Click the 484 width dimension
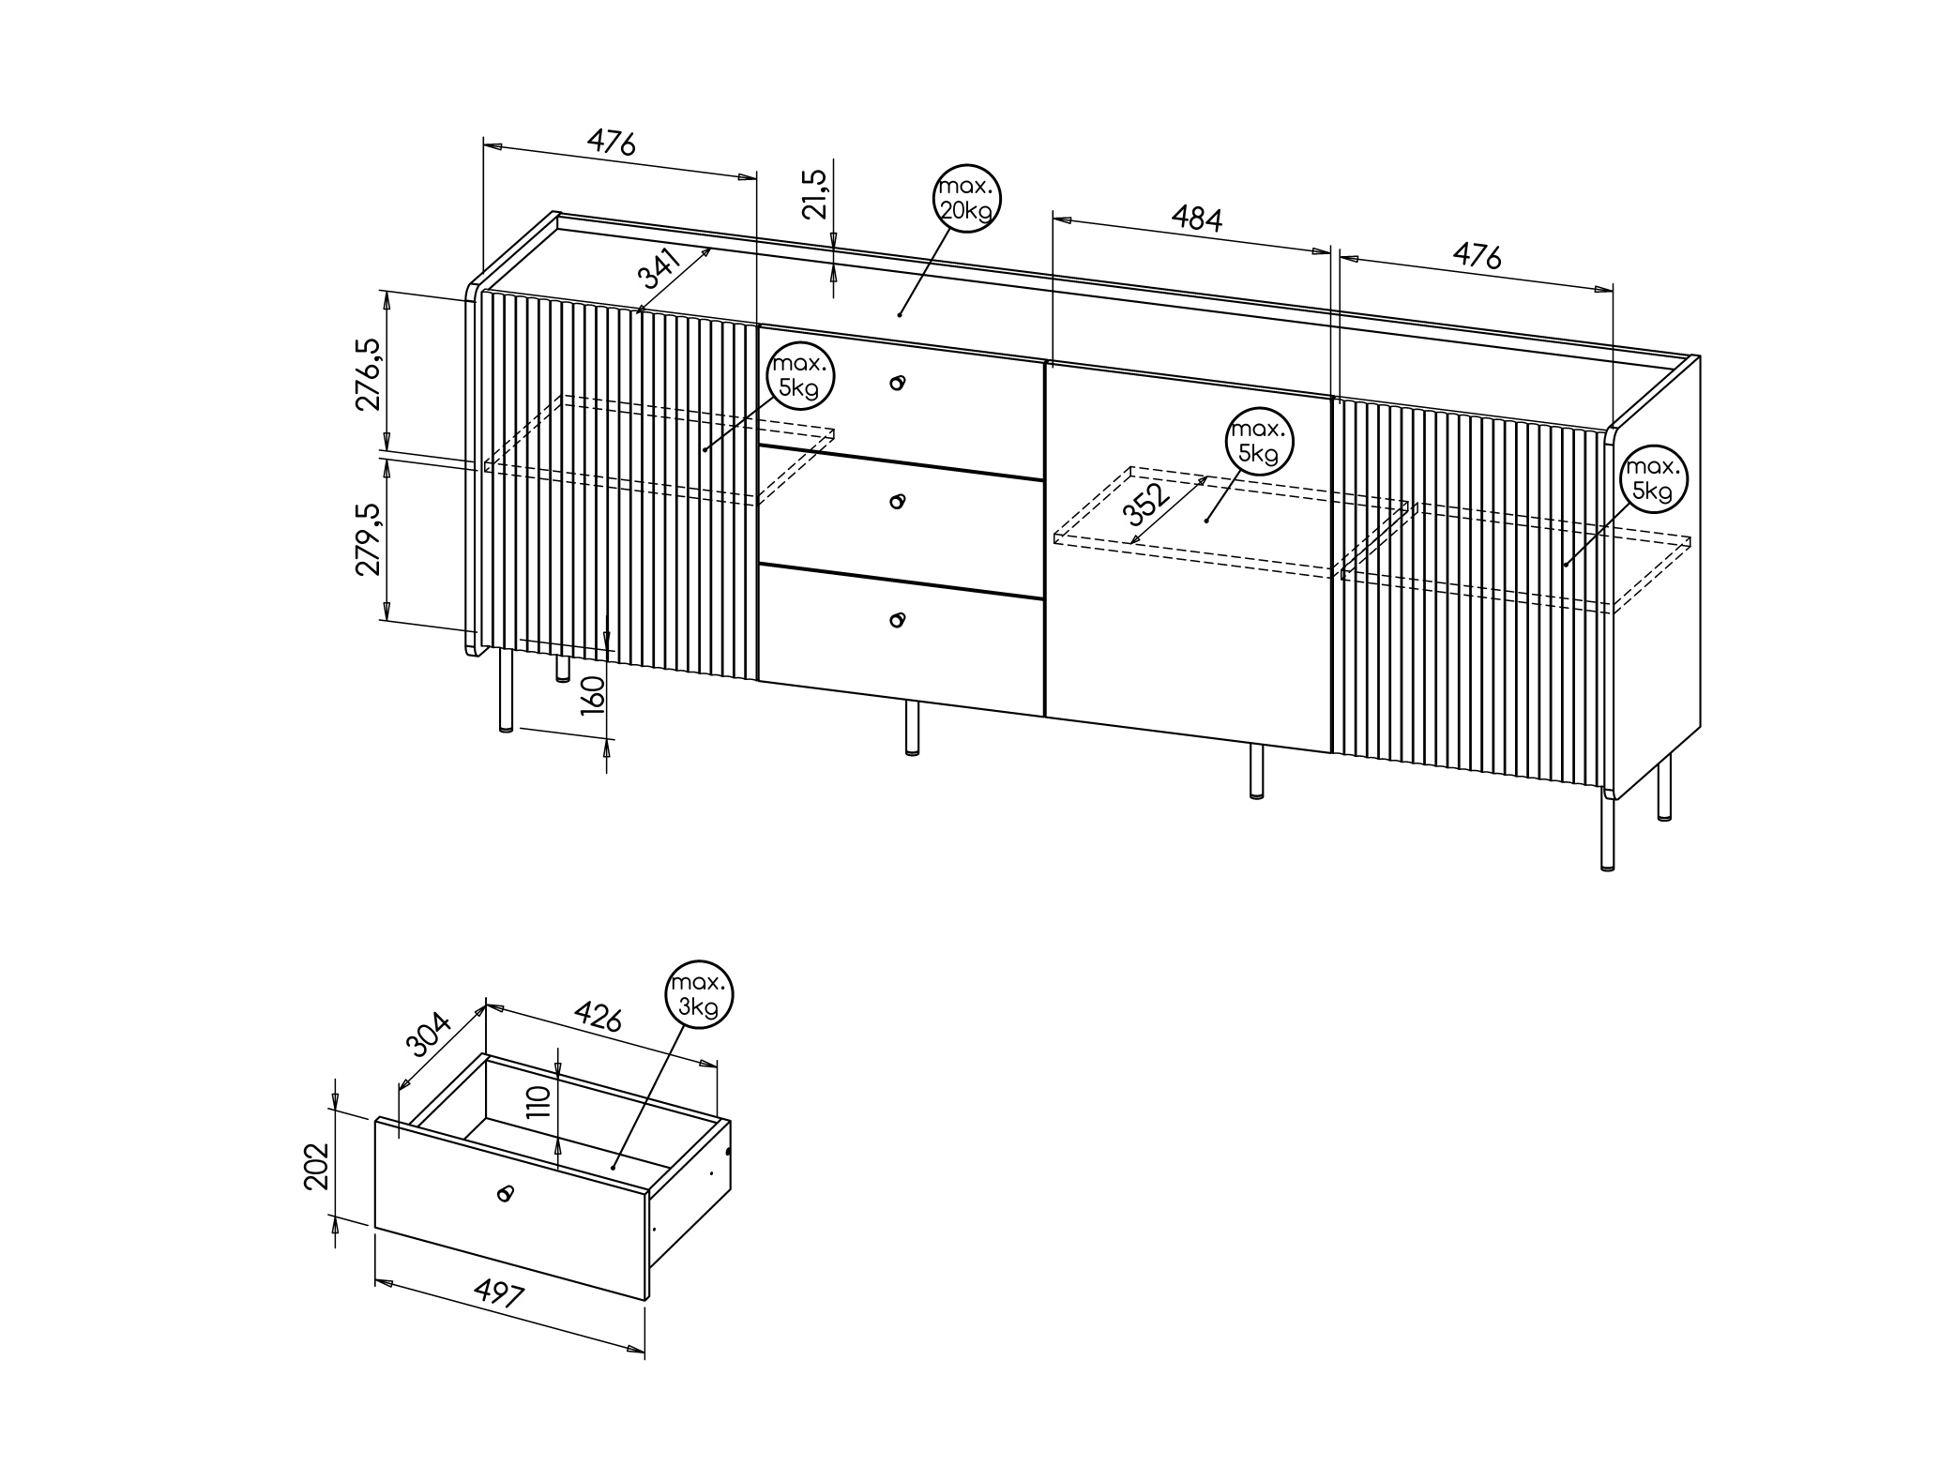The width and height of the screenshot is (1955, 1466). click(x=1197, y=219)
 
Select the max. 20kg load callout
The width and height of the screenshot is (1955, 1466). click(x=967, y=198)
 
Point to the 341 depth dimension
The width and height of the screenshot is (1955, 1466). click(x=660, y=269)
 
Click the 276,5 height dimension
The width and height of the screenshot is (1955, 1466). click(x=369, y=374)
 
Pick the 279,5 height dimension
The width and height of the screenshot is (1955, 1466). click(x=368, y=539)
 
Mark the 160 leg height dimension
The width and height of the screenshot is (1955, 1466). click(x=593, y=695)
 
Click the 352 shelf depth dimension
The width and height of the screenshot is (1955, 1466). click(x=1148, y=504)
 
